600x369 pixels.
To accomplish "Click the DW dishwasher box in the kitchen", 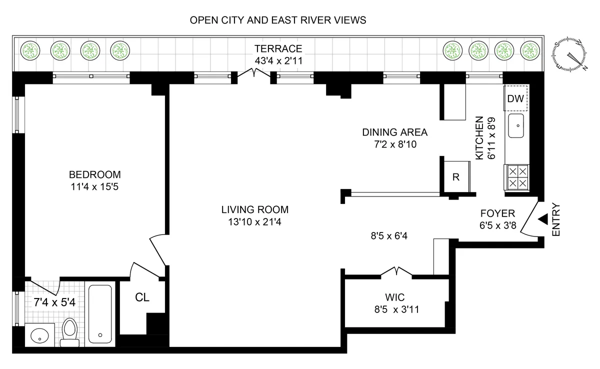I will [515, 99].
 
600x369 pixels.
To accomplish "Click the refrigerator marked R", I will [455, 177].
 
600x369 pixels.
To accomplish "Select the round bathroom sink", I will [38, 336].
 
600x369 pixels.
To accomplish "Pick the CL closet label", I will [142, 297].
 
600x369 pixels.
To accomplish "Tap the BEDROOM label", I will [95, 174].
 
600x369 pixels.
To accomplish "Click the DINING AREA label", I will [394, 132].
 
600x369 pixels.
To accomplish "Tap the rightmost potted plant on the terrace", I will [531, 49].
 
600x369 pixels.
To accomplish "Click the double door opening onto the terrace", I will [254, 74].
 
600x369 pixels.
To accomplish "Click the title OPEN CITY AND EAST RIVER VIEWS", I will [278, 20].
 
